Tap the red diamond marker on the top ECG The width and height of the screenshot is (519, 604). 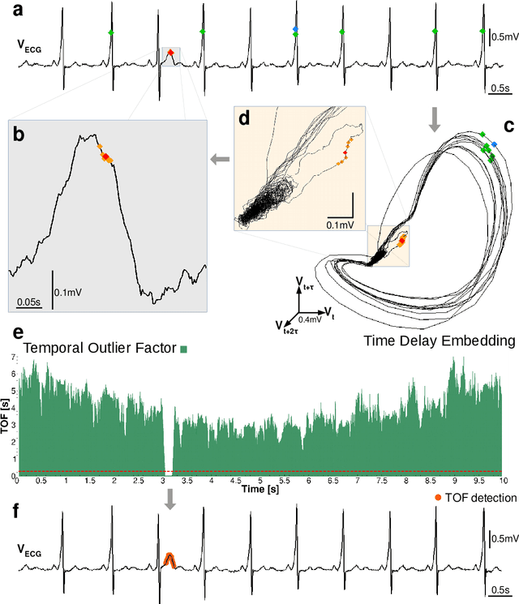[x=170, y=53]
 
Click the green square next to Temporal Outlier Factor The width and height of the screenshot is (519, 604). [x=185, y=349]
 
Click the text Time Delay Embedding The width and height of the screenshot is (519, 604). [x=439, y=341]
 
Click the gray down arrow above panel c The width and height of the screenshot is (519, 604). [x=435, y=120]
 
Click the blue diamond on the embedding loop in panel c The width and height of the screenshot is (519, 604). [x=495, y=142]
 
